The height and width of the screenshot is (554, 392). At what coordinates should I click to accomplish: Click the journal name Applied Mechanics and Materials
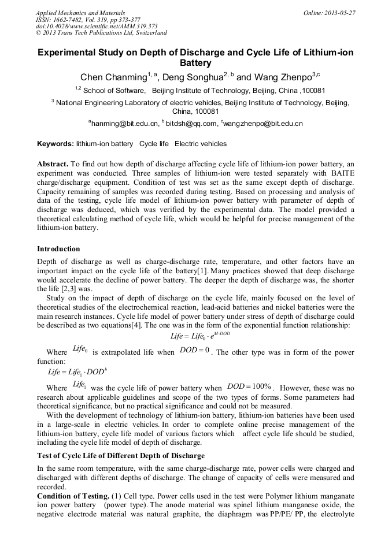tap(80, 12)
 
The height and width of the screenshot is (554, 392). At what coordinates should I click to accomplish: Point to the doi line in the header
tap(97, 26)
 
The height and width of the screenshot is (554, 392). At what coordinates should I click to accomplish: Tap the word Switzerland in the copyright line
tap(149, 33)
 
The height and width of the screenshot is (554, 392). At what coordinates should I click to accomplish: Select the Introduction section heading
tap(58, 249)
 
